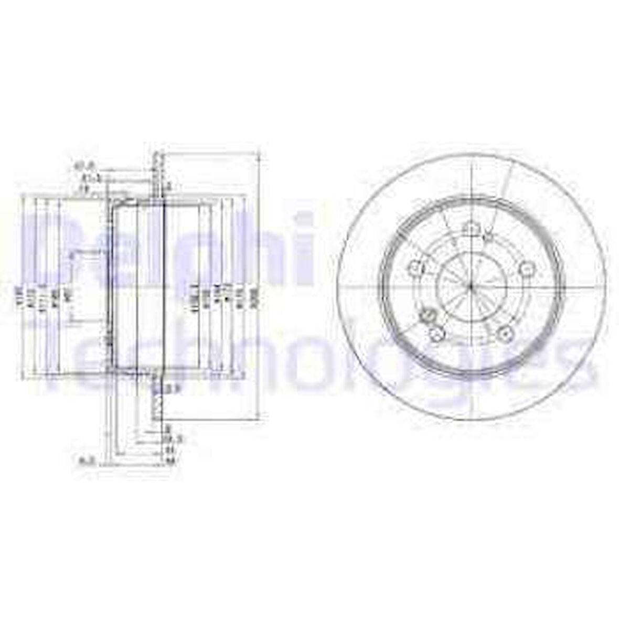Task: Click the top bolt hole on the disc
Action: coord(471,229)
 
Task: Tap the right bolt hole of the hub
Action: coord(525,268)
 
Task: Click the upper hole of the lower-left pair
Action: coord(428,316)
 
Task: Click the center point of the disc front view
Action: coord(471,286)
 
